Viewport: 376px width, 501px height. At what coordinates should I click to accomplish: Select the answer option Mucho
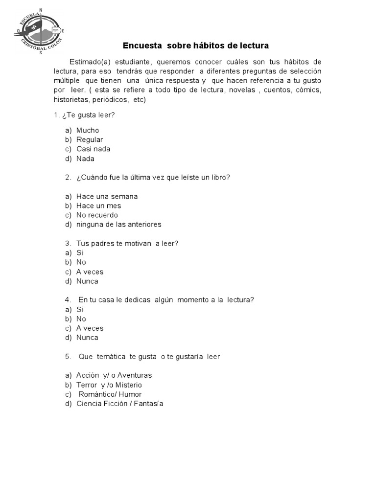point(88,130)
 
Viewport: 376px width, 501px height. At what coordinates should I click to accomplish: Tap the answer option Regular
point(90,139)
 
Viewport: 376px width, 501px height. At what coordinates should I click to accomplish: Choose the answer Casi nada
point(93,149)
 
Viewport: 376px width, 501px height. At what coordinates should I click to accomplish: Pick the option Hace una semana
point(107,196)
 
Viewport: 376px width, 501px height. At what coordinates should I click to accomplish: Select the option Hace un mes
point(98,205)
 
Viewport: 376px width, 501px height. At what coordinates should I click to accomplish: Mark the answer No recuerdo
point(97,215)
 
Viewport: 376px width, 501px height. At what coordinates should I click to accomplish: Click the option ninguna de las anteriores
point(118,225)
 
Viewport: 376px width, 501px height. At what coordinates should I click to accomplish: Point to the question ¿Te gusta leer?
point(88,115)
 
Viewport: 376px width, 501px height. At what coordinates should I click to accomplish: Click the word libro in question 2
point(221,177)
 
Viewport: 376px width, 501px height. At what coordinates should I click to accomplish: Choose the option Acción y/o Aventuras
point(114,375)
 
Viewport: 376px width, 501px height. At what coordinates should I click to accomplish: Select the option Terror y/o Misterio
point(109,385)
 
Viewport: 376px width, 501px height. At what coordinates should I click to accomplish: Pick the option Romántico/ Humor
point(110,394)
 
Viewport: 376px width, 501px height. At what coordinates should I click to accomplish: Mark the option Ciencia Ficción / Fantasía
point(119,404)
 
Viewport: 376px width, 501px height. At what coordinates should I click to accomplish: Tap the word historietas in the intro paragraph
point(71,100)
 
